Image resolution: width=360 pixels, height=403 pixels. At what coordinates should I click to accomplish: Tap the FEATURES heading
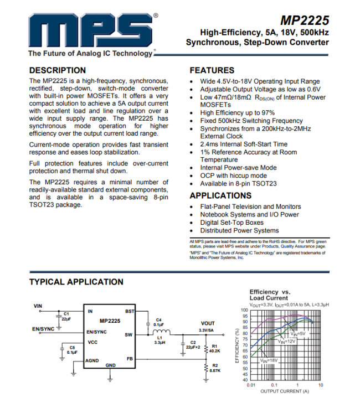pyautogui.click(x=212, y=70)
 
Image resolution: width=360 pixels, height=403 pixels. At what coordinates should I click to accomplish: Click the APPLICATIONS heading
pyautogui.click(x=220, y=195)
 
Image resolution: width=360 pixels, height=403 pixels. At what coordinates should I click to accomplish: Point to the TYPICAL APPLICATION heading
pyautogui.click(x=76, y=282)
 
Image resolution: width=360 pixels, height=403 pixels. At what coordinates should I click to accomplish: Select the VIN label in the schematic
pyautogui.click(x=38, y=306)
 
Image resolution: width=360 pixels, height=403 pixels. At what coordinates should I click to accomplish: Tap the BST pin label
pyautogui.click(x=130, y=312)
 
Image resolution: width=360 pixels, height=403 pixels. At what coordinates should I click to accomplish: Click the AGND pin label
pyautogui.click(x=92, y=360)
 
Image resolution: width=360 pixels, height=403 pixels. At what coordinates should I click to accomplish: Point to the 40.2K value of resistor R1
pyautogui.click(x=215, y=351)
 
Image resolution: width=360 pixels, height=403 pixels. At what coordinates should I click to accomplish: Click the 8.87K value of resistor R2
pyautogui.click(x=215, y=371)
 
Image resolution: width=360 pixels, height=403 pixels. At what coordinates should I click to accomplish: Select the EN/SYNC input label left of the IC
pyautogui.click(x=44, y=329)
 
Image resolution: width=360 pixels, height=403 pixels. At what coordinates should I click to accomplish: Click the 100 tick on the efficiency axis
pyautogui.click(x=244, y=310)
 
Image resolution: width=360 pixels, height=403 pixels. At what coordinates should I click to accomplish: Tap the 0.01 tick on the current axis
pyautogui.click(x=251, y=385)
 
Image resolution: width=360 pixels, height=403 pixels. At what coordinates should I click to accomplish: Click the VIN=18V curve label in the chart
pyautogui.click(x=268, y=360)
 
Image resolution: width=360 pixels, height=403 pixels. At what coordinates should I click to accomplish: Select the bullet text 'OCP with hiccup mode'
pyautogui.click(x=233, y=175)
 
